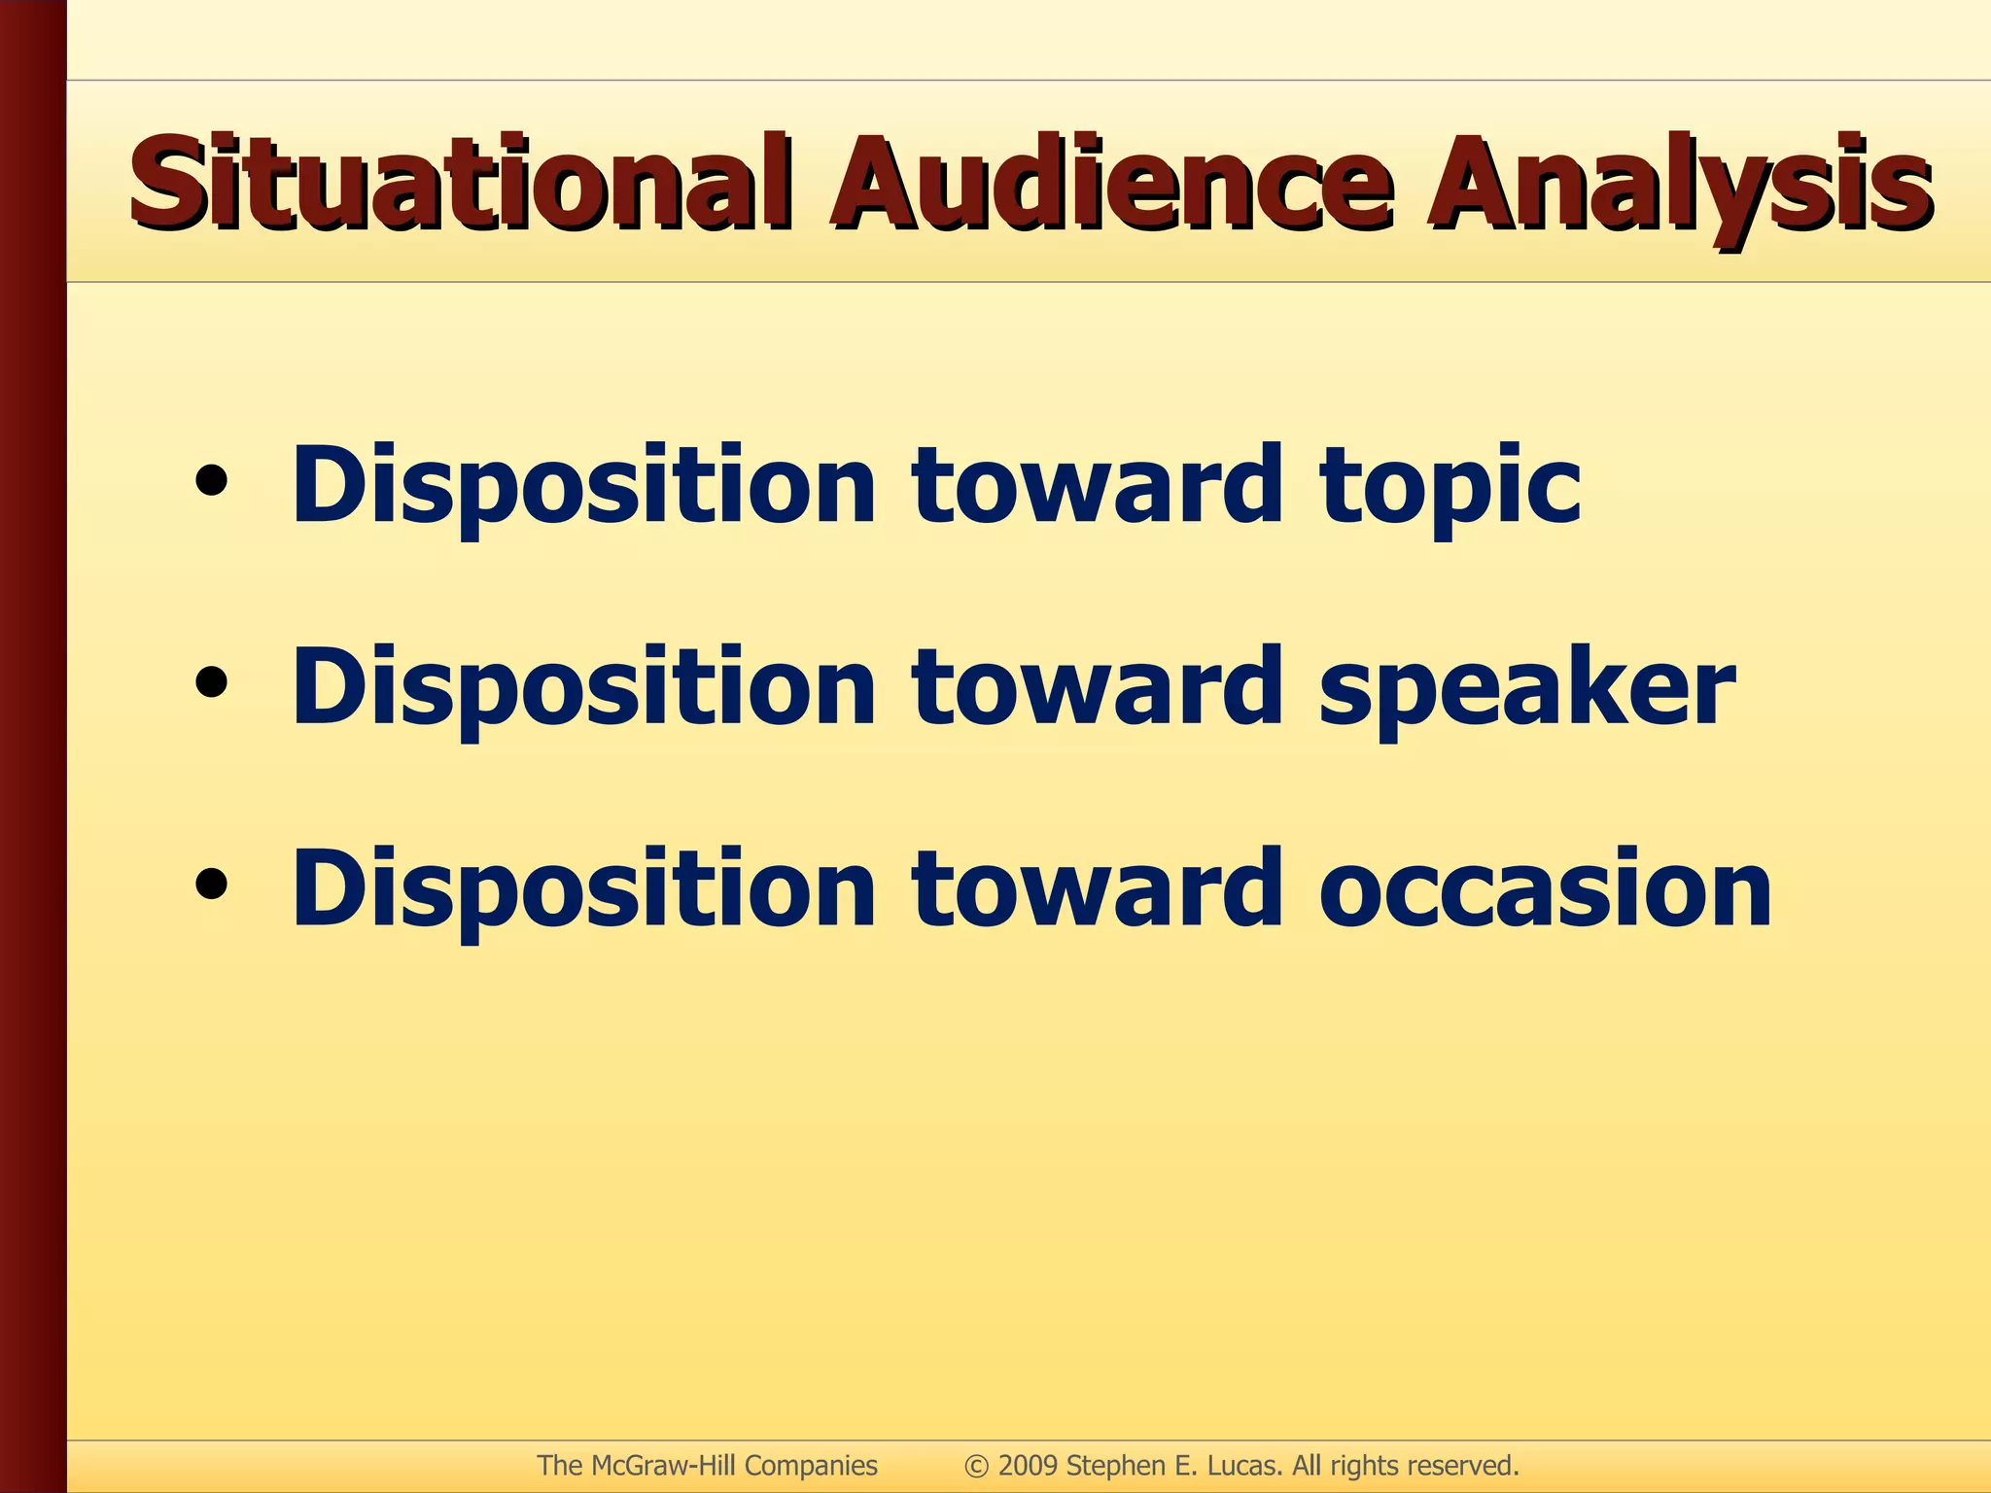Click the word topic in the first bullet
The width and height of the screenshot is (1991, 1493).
click(x=1449, y=486)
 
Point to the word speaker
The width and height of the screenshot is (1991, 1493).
click(x=1526, y=688)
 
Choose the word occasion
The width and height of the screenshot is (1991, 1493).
click(x=1546, y=888)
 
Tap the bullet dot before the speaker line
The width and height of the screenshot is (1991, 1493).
click(x=211, y=682)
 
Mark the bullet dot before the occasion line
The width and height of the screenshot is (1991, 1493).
click(x=211, y=884)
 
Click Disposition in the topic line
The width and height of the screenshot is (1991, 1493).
click(x=583, y=486)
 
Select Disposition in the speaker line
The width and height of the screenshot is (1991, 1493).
click(x=583, y=688)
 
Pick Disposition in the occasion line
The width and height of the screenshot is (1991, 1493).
click(x=583, y=888)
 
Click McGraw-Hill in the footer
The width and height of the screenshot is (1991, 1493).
click(x=662, y=1466)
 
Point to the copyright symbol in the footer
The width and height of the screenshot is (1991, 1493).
click(x=976, y=1466)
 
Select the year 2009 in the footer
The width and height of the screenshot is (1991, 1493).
click(x=1029, y=1466)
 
